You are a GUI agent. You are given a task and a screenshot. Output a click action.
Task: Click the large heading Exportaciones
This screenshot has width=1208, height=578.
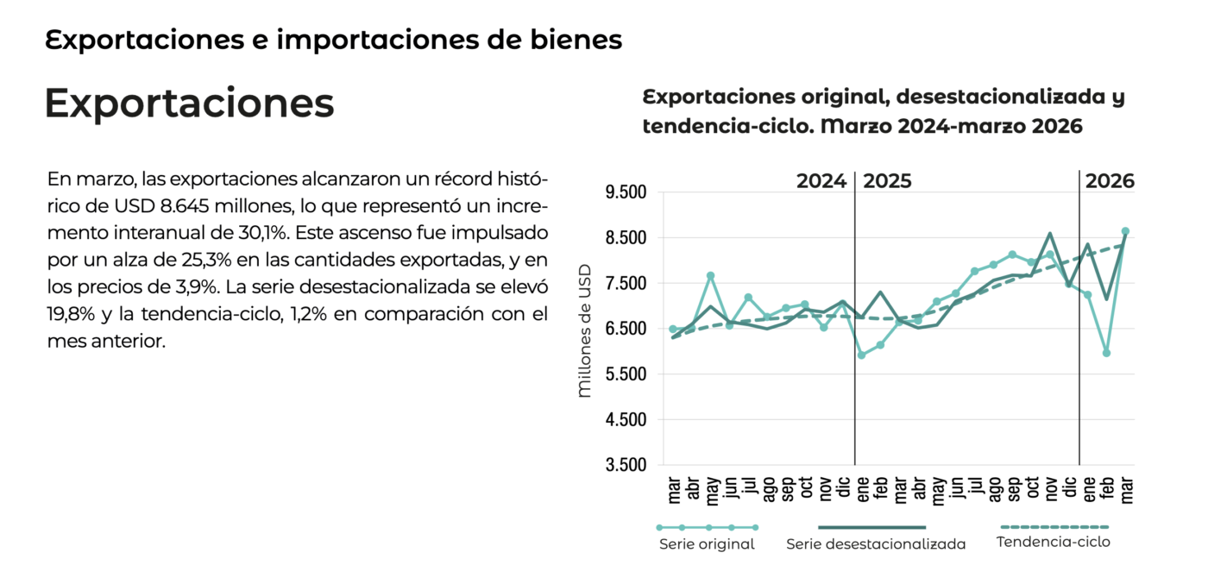189,104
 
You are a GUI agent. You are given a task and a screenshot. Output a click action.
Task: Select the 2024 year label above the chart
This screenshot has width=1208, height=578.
821,181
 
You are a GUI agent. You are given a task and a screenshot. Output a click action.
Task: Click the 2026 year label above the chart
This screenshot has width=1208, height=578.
1110,181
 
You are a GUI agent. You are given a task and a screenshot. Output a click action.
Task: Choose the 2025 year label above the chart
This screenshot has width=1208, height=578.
887,181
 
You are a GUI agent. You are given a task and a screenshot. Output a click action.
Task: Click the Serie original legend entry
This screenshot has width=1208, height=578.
707,544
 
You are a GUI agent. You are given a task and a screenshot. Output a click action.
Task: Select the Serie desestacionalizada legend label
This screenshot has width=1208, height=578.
876,544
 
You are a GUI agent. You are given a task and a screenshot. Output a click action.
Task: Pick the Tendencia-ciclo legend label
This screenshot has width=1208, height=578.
1053,543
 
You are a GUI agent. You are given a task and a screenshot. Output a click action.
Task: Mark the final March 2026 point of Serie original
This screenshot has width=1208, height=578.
1125,231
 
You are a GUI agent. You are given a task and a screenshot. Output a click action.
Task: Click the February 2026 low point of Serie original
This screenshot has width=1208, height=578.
1106,353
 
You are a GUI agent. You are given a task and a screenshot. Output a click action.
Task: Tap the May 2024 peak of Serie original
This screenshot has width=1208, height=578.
711,276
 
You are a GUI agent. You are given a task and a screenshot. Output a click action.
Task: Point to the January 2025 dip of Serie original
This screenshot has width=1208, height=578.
861,355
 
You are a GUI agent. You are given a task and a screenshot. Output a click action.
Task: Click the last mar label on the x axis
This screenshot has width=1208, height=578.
1126,488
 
